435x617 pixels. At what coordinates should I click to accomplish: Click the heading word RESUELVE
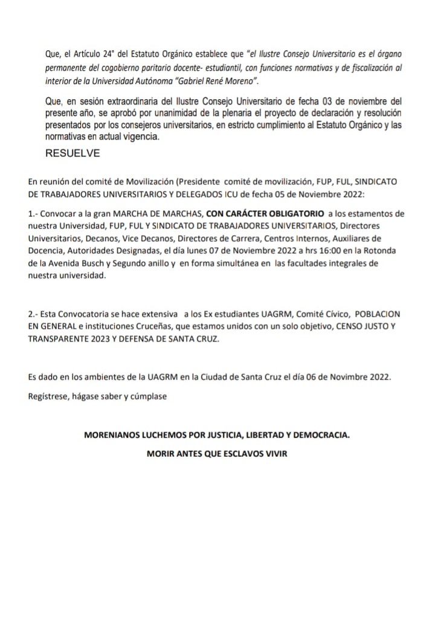pyautogui.click(x=72, y=153)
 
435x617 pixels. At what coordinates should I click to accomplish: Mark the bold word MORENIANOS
pyautogui.click(x=115, y=434)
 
